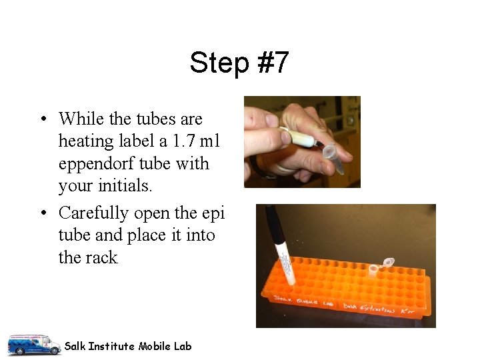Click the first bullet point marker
(42, 120)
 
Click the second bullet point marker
(42, 213)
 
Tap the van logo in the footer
(33, 345)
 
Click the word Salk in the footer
(75, 346)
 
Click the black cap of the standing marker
(273, 224)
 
